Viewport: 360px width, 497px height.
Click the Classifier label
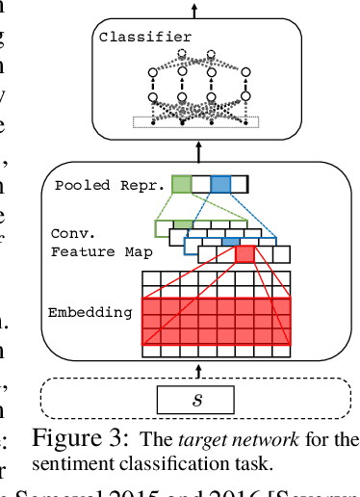pyautogui.click(x=144, y=38)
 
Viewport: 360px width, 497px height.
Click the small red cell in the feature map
pyautogui.click(x=244, y=253)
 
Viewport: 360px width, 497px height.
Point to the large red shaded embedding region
pyautogui.click(x=216, y=321)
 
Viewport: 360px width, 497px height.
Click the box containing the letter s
pyautogui.click(x=197, y=398)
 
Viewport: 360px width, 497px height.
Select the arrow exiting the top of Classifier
pyautogui.click(x=198, y=9)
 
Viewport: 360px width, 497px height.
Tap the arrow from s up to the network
pyautogui.click(x=198, y=371)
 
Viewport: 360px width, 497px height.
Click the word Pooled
pyautogui.click(x=80, y=184)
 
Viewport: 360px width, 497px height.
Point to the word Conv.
pyautogui.click(x=68, y=233)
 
